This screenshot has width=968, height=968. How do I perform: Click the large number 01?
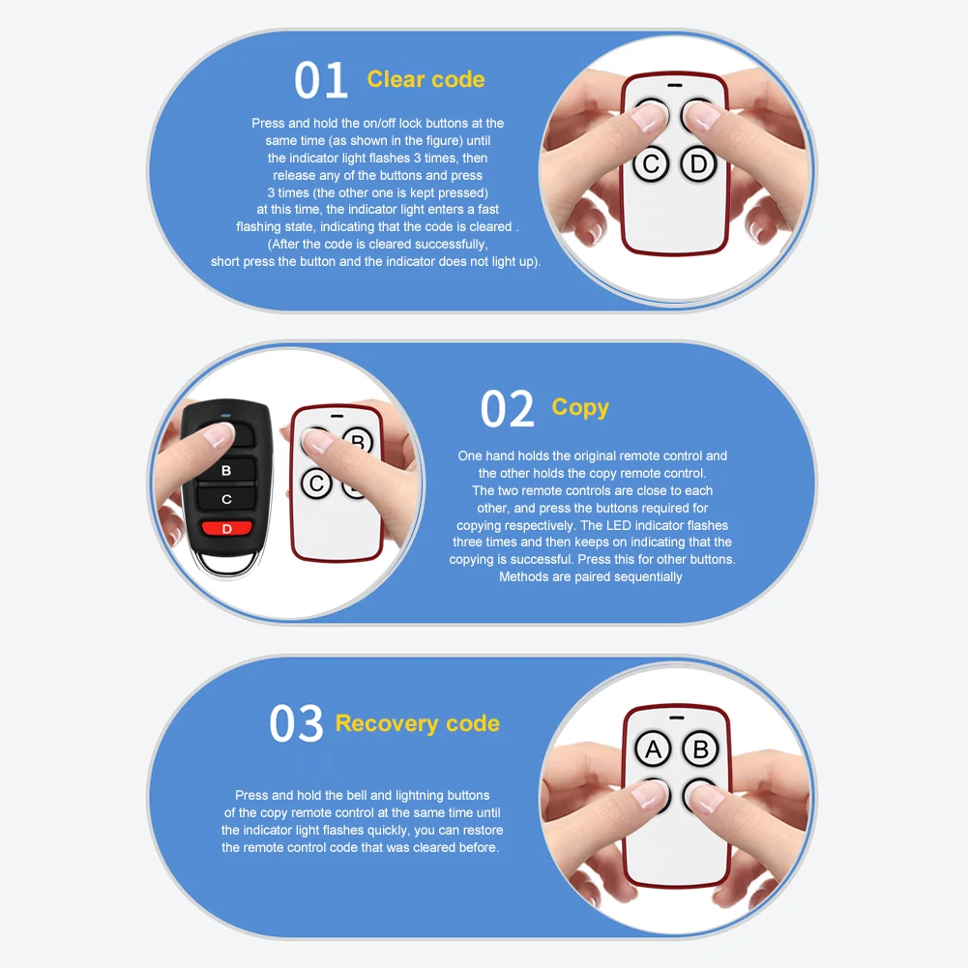[321, 79]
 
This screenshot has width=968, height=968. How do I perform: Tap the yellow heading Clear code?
[425, 79]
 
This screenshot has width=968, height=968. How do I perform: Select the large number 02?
[507, 408]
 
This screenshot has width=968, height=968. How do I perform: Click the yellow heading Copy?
[580, 407]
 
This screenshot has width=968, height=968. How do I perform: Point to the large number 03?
[296, 723]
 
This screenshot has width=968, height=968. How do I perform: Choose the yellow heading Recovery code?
[418, 723]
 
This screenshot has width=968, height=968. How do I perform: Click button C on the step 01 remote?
[651, 164]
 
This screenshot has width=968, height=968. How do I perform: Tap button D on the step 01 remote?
[698, 164]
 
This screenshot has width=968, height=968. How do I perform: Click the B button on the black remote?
[226, 470]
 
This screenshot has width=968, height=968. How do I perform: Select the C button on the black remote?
[226, 499]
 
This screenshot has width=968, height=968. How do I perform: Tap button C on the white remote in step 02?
[316, 484]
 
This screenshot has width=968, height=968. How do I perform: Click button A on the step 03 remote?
[653, 748]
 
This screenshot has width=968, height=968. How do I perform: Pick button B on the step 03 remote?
[701, 748]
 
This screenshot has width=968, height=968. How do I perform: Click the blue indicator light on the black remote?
[226, 416]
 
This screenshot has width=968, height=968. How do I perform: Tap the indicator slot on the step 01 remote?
[675, 85]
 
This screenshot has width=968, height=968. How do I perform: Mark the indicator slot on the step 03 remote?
[677, 718]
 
